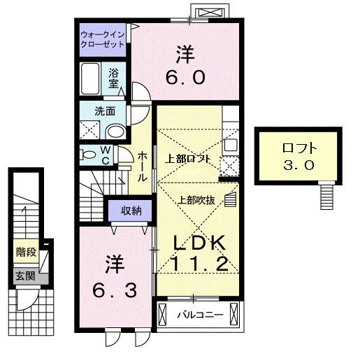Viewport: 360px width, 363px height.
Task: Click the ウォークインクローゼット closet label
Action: [x=102, y=38]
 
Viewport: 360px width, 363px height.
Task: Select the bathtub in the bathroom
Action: [x=92, y=79]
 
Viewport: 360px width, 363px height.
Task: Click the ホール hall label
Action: [x=142, y=166]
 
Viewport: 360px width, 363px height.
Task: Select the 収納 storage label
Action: [x=130, y=209]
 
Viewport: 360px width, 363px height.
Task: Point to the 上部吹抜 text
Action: [x=195, y=198]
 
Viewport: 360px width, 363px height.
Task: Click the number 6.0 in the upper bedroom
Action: [x=185, y=76]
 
